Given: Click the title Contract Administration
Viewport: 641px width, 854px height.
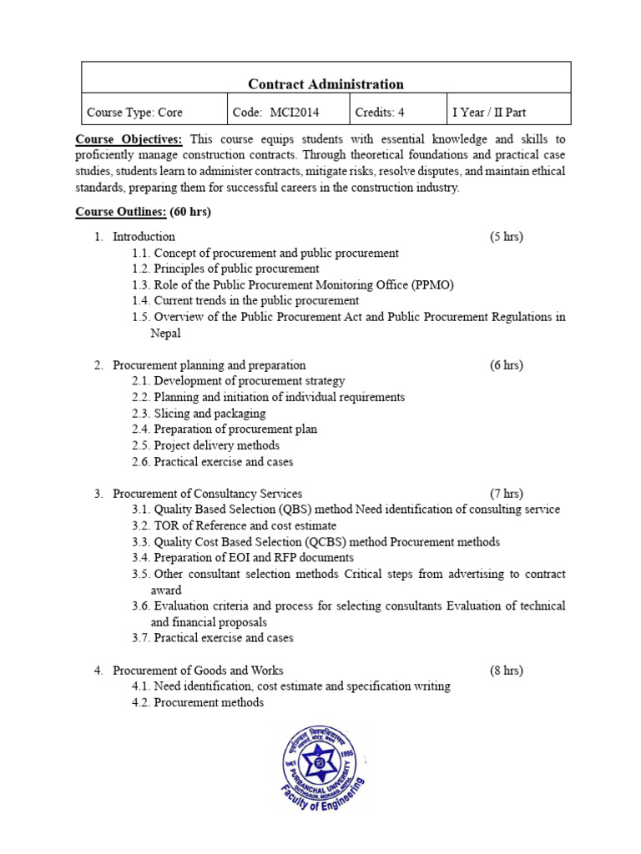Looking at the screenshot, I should pos(326,83).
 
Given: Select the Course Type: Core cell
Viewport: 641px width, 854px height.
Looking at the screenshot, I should pos(134,112).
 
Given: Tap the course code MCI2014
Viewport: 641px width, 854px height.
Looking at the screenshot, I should pos(295,112).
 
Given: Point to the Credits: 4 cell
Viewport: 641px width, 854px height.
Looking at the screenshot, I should pos(380,112).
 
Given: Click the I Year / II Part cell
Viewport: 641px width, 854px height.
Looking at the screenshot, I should pos(489,112).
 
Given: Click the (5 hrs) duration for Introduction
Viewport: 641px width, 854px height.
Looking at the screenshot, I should pos(506,237).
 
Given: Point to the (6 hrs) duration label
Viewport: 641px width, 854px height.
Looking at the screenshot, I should pos(506,365).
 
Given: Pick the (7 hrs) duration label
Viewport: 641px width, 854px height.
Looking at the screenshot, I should pos(506,494).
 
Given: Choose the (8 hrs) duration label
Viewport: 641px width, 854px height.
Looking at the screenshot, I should pos(506,671).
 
